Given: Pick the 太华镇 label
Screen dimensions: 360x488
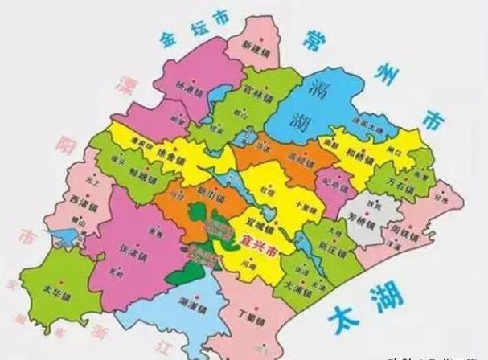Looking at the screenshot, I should pyautogui.click(x=54, y=291).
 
